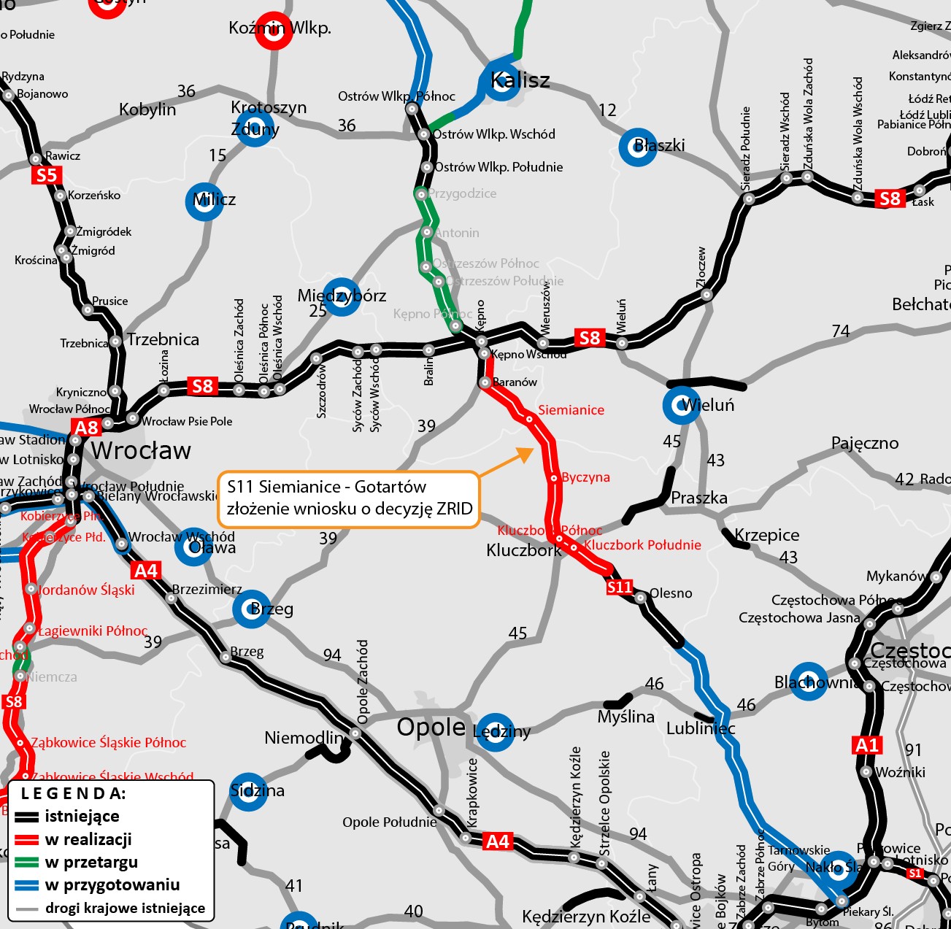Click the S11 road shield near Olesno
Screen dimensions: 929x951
click(620, 587)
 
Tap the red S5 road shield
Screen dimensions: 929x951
click(46, 175)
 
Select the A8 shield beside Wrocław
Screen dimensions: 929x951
click(86, 428)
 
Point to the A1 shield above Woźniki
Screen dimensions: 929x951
click(867, 745)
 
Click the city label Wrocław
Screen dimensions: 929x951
click(141, 451)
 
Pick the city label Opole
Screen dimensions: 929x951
click(431, 727)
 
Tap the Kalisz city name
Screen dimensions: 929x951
click(520, 80)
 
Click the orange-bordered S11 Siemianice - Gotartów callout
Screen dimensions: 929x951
click(349, 498)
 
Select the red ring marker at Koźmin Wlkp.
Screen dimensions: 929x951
click(274, 31)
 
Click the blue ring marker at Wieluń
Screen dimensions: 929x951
click(681, 405)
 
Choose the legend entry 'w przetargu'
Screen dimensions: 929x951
click(91, 862)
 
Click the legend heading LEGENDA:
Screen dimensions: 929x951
click(73, 793)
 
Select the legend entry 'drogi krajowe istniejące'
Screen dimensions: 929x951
click(125, 909)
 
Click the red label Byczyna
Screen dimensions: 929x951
click(585, 477)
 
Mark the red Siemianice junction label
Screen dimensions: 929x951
click(571, 410)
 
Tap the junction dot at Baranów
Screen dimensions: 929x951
click(484, 382)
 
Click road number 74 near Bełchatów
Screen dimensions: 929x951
click(841, 331)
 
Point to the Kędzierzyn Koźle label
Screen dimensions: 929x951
click(586, 917)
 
